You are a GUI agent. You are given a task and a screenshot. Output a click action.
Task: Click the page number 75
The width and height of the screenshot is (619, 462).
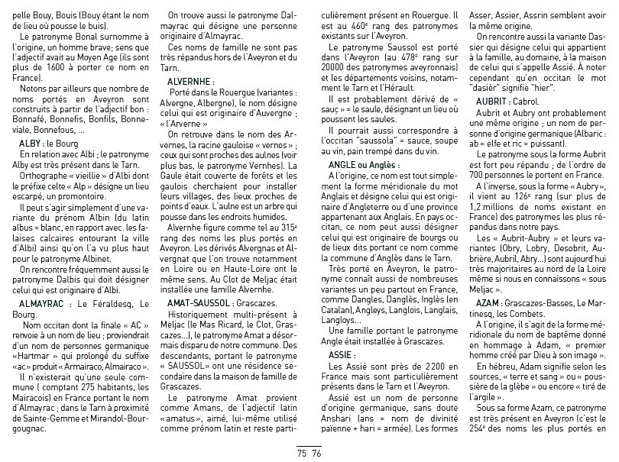[302, 452]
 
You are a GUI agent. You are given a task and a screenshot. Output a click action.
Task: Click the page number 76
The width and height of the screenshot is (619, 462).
[316, 452]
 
